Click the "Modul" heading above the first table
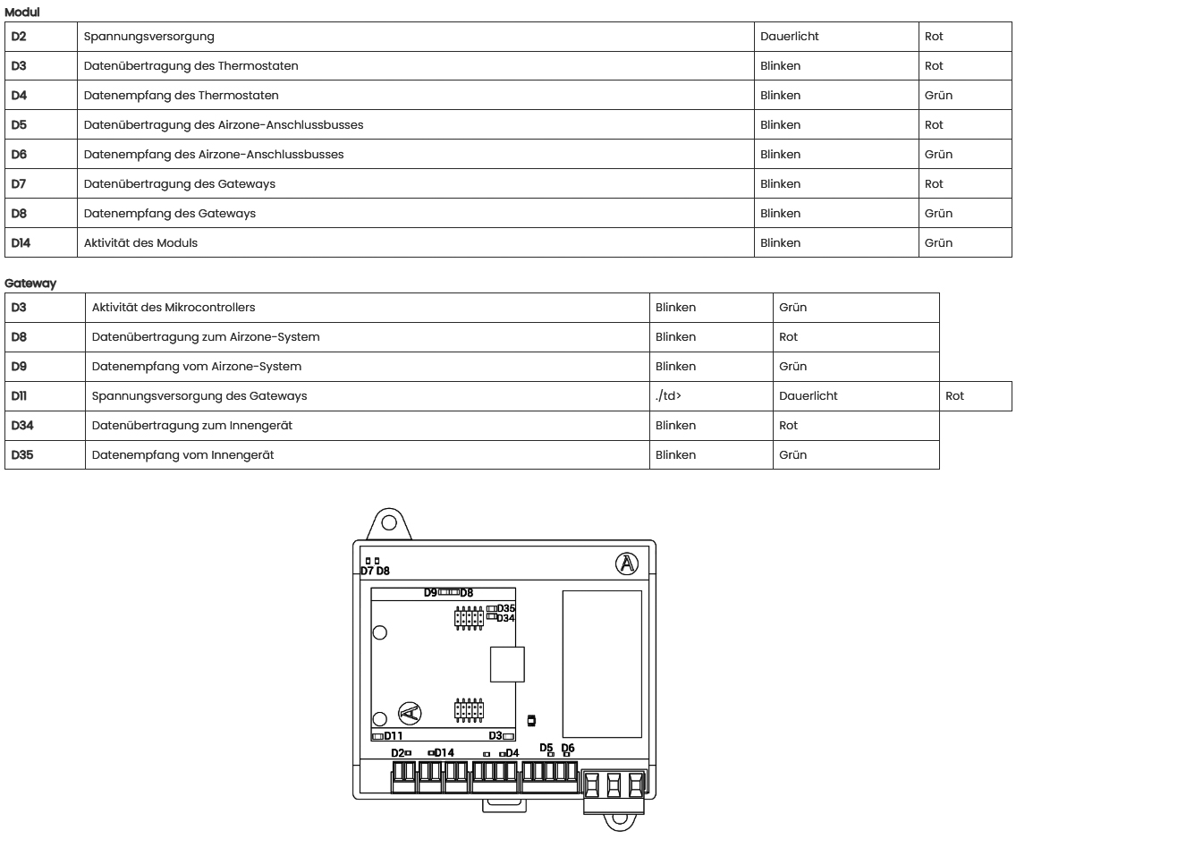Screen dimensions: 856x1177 coord(22,13)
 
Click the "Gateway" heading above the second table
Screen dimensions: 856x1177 coord(30,284)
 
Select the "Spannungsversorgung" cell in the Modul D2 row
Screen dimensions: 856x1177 coord(148,37)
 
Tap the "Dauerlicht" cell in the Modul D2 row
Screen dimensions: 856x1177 coord(789,37)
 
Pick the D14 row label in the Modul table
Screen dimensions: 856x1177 coord(21,242)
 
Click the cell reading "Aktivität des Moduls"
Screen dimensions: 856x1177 coord(140,242)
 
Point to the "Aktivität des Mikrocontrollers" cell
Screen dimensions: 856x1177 coord(173,308)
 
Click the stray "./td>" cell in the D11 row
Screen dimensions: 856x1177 coord(668,396)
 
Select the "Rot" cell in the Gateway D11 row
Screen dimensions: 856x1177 coord(954,396)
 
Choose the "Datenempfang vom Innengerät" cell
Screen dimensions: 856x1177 coord(182,455)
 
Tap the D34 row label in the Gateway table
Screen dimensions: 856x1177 coord(22,426)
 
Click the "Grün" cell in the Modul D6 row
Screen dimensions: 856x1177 coord(938,155)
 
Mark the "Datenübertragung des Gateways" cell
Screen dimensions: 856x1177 coord(179,184)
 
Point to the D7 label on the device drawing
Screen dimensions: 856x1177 coord(367,571)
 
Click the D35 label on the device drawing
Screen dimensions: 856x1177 coord(506,608)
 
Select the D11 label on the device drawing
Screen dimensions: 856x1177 coord(394,736)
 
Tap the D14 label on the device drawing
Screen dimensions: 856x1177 coord(445,753)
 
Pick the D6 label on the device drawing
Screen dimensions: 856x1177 coord(568,748)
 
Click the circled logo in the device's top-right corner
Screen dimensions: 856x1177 coord(627,564)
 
